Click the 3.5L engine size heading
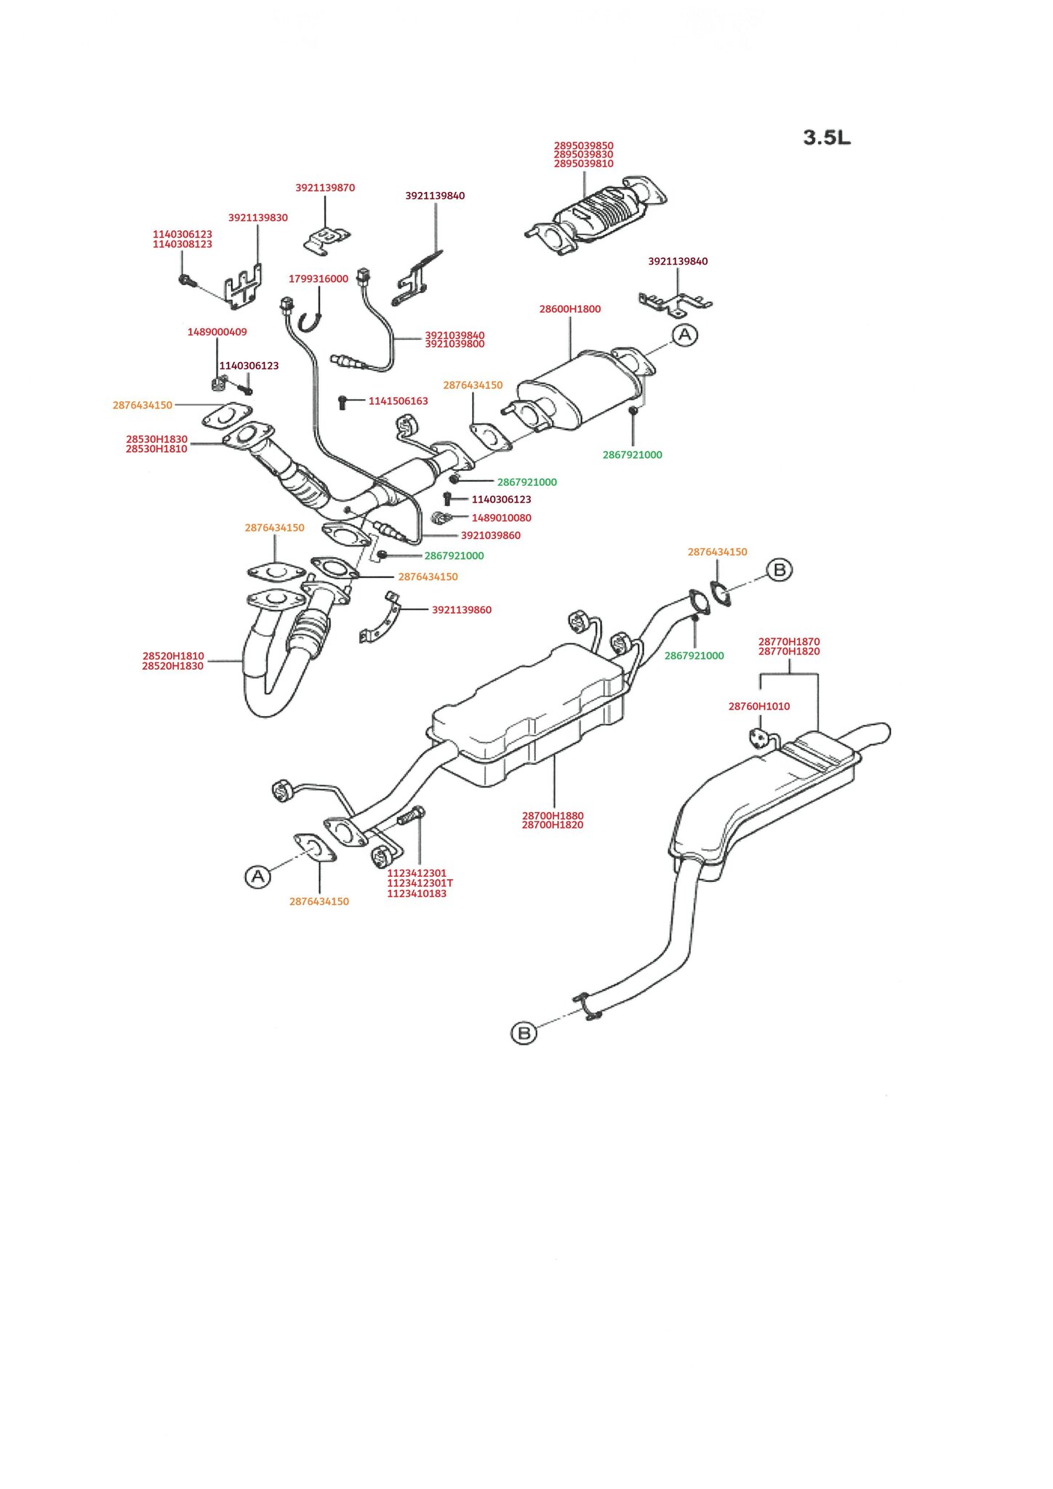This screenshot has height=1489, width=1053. click(827, 137)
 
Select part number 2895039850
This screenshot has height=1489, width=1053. click(583, 145)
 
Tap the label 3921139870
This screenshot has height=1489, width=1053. click(325, 188)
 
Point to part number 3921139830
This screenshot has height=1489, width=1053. click(257, 217)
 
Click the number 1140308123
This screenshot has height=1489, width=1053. click(182, 244)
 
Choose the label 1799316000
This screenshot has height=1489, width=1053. click(319, 278)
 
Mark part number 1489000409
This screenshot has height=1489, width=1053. click(217, 332)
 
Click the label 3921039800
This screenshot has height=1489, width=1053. click(455, 344)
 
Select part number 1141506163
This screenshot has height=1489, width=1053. click(398, 401)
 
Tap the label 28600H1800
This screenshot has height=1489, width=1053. click(569, 309)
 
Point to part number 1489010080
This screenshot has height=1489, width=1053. click(501, 518)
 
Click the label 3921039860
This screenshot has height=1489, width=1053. click(490, 535)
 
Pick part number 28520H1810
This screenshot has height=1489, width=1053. click(173, 656)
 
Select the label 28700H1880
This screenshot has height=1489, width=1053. click(553, 816)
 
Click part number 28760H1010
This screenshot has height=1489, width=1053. click(758, 706)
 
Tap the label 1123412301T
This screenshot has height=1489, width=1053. click(420, 883)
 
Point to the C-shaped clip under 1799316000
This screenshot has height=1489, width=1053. click(312, 318)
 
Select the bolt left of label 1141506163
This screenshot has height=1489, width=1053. click(343, 401)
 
